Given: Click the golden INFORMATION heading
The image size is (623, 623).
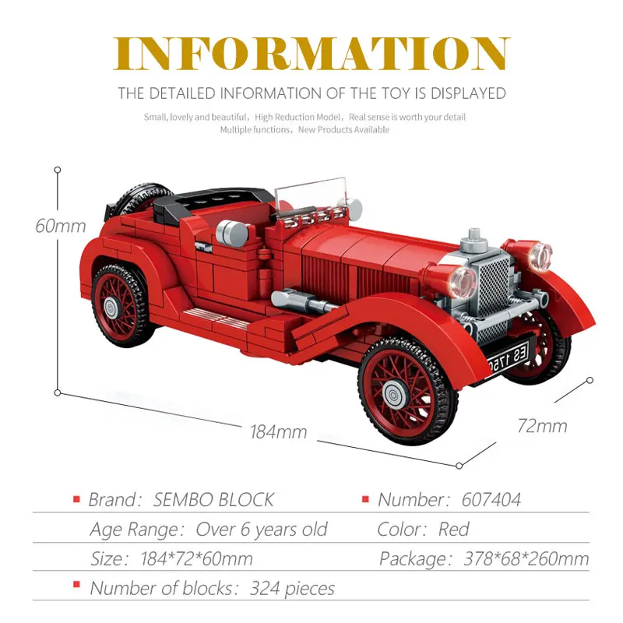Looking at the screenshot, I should click(311, 54).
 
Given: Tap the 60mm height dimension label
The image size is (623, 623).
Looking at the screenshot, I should click(60, 226).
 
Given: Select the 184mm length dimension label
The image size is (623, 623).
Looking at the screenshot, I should click(278, 431).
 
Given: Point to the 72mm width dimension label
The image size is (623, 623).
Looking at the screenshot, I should click(542, 425).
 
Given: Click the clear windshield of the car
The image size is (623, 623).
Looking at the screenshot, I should click(311, 194).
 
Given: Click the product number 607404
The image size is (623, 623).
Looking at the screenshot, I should click(491, 500).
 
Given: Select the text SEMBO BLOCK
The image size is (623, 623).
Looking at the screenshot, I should click(213, 500).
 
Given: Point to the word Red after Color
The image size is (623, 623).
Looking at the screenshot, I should click(453, 530).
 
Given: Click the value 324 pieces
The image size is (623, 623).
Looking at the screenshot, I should click(292, 589).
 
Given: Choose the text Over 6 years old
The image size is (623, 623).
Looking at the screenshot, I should click(262, 530).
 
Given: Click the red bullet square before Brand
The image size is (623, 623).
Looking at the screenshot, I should click(76, 499).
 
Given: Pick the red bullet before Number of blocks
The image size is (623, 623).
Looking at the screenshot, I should click(76, 586).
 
